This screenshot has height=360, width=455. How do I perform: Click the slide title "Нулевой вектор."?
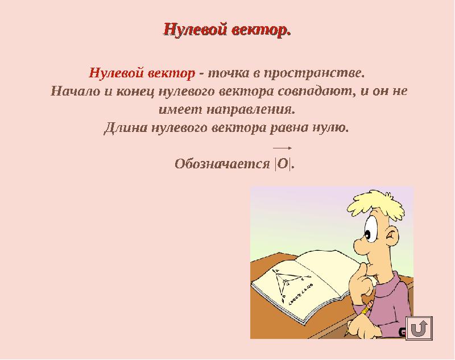(227, 29)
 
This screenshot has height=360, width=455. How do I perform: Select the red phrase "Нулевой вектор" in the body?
(142, 73)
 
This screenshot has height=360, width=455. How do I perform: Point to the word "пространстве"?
(313, 73)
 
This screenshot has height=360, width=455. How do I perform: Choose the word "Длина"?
(126, 126)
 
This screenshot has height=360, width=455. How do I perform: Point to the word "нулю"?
(330, 126)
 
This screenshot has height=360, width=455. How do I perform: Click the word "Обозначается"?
(222, 164)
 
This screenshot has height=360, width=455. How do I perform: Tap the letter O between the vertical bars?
(283, 164)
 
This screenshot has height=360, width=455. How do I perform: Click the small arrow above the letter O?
(283, 148)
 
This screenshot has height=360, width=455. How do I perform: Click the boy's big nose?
(362, 249)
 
